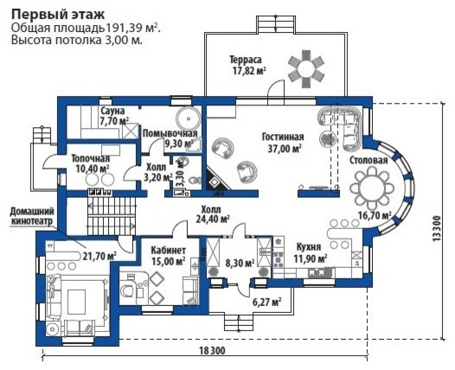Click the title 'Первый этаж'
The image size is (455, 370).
coord(58,14)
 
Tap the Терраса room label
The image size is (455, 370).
coord(246,60)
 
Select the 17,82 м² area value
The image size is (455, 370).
coord(249,71)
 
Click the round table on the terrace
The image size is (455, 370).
coord(306,69)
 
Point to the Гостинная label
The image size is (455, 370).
coord(283,137)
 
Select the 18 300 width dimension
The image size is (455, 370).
coord(212,351)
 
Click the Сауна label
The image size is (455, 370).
coord(112,111)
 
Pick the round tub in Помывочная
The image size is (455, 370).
coord(189,118)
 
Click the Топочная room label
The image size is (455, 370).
coord(91,158)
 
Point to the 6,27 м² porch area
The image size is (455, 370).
coord(266,303)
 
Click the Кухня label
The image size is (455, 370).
coord(309,247)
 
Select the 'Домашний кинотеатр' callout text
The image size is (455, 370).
coord(32,216)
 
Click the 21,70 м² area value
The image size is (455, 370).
coord(99,256)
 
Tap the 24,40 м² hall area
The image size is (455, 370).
coord(213,219)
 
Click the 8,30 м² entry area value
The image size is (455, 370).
coord(240,263)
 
